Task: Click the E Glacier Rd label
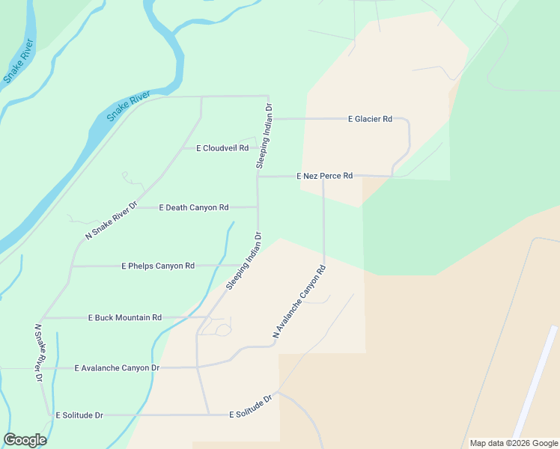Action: [x=370, y=119]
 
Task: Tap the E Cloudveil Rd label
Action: [x=222, y=148]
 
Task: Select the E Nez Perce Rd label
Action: [x=324, y=176]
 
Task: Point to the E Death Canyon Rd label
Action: [x=193, y=207]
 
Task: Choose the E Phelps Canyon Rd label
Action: [x=158, y=266]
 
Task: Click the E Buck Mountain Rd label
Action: [x=124, y=317]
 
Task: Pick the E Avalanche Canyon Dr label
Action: [x=117, y=367]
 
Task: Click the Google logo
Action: [x=25, y=440]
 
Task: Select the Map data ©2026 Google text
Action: [x=513, y=443]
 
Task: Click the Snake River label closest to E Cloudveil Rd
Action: [x=128, y=106]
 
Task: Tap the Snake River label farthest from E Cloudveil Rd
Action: [x=19, y=61]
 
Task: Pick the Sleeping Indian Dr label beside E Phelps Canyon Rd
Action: [x=243, y=261]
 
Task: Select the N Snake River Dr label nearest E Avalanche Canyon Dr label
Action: [x=38, y=353]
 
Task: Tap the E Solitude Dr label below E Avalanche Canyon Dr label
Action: [x=78, y=415]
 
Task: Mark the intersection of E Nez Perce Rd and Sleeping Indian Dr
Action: [x=258, y=177]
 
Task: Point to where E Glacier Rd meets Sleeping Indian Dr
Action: [x=269, y=118]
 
